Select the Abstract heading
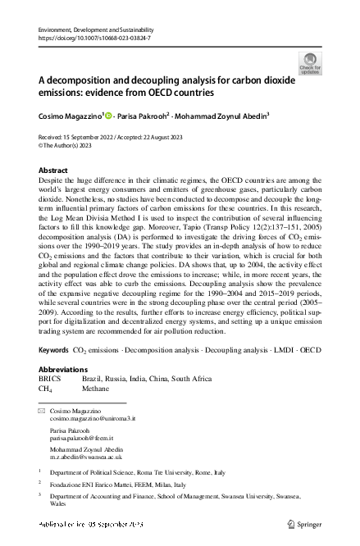click(x=54, y=170)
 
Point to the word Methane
click(x=95, y=390)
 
